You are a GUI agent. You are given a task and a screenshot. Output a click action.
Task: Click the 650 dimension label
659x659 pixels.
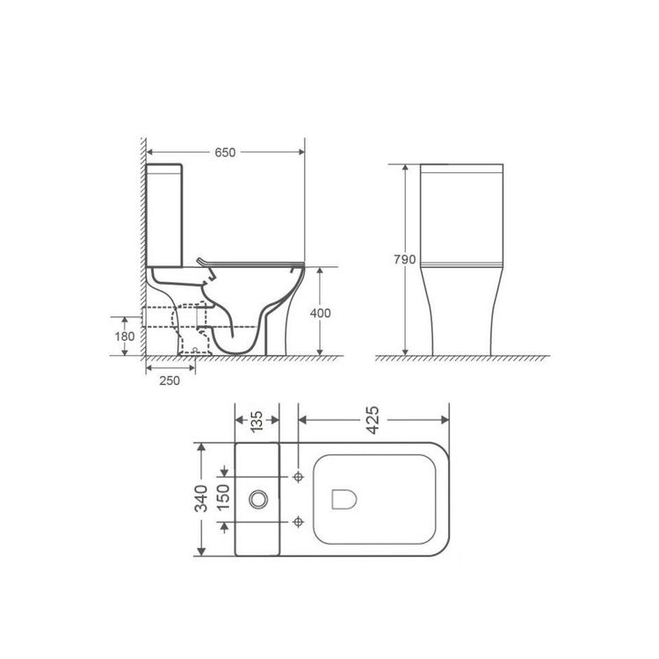click(225, 152)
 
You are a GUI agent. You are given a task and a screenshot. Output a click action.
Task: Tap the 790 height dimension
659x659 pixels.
click(405, 259)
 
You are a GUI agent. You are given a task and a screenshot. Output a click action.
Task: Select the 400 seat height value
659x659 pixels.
click(320, 313)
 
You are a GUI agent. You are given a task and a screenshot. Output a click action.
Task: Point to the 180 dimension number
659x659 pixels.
click(125, 337)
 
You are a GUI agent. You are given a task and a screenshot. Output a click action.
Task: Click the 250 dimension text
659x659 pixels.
click(170, 380)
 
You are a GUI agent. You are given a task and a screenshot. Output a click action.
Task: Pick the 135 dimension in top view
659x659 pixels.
click(257, 421)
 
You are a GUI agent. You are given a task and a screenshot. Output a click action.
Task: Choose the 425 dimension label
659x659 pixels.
click(373, 420)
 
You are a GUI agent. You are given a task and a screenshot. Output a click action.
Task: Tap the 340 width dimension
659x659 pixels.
click(201, 498)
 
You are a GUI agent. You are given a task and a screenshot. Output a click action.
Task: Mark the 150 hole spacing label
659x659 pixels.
click(223, 497)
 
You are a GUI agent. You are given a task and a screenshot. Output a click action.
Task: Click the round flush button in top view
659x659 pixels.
click(258, 499)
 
